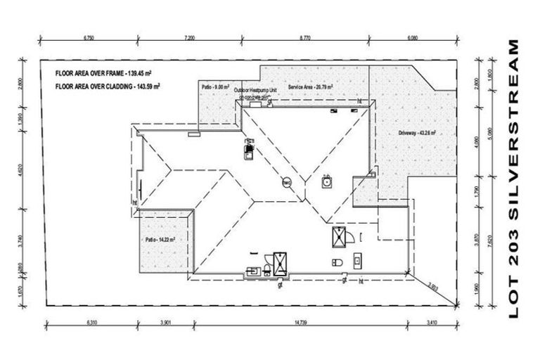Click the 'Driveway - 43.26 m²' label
pos(417,132)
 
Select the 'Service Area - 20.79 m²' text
pos(310,86)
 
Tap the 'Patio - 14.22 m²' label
pos(160,239)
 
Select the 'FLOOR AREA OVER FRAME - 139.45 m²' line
pos(105,72)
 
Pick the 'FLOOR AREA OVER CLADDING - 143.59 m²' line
pos(109,86)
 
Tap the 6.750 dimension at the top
pos(89,34)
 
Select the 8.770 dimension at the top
pos(304,34)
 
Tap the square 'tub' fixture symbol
pos(326,182)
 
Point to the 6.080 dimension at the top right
pos(413,34)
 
